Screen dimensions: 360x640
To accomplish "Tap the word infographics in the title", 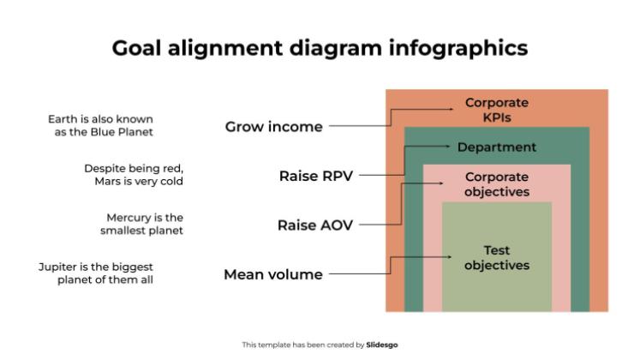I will (462, 49).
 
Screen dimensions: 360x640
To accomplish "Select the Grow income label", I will (274, 127).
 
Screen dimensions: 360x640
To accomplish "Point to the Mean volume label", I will (273, 275).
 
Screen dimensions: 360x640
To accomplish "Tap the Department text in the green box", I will (497, 147).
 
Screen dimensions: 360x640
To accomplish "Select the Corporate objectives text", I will (497, 184).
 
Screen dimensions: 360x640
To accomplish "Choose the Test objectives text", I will (497, 258).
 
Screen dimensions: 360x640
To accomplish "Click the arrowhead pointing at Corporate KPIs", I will (454, 110).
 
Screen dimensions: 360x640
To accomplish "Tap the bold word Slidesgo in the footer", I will (382, 345).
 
